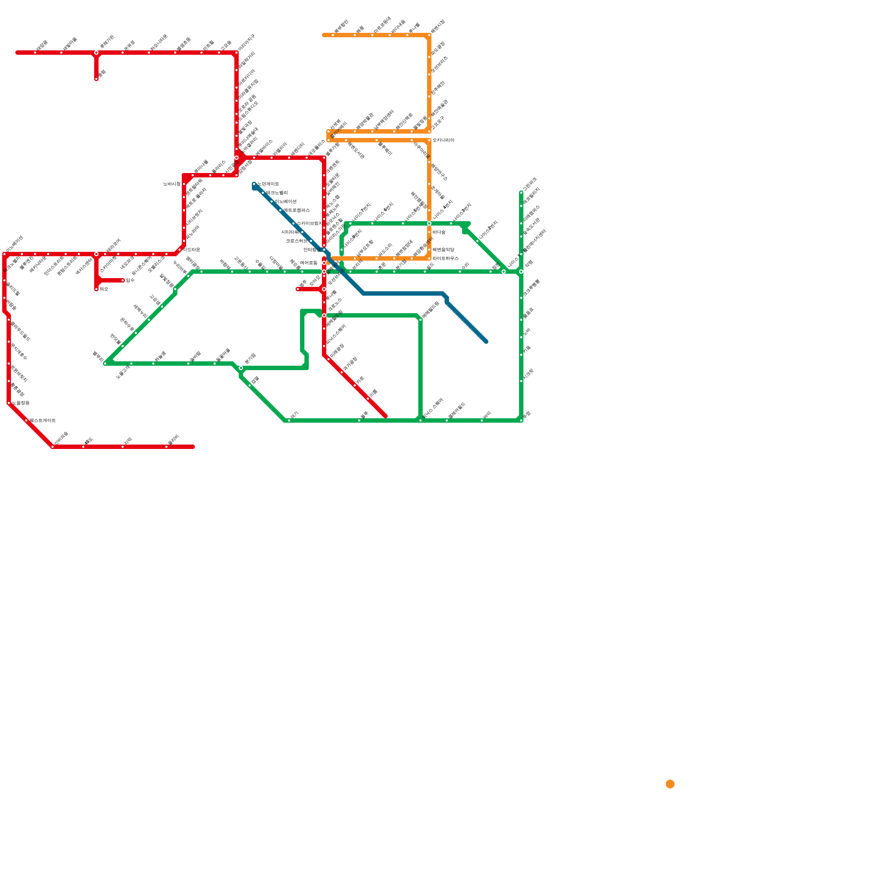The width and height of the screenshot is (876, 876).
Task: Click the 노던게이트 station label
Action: click(268, 184)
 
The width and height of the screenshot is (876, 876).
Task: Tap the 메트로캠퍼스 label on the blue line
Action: click(297, 210)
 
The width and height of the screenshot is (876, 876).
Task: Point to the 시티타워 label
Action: click(290, 232)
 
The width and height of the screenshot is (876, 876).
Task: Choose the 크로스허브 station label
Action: click(296, 241)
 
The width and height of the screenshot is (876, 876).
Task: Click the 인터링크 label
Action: click(312, 250)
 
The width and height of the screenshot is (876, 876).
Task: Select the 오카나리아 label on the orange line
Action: click(443, 140)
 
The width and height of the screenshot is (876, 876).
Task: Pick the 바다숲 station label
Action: click(439, 232)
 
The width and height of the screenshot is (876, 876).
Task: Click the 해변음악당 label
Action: click(443, 250)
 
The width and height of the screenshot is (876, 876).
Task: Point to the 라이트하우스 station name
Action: click(446, 258)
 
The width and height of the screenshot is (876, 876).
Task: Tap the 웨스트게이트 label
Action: click(43, 420)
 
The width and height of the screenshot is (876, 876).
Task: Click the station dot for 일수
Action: click(123, 280)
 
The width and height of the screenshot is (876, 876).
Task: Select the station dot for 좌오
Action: click(96, 289)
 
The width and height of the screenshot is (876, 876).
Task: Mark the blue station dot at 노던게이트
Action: click(254, 184)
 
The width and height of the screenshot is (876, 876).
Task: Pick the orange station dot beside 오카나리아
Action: click(429, 140)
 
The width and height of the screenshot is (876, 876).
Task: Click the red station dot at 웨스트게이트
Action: click(26, 420)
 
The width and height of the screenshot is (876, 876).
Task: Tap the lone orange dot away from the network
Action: click(670, 784)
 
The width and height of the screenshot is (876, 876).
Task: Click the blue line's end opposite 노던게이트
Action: click(486, 342)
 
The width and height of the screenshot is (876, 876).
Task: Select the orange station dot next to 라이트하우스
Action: click(429, 258)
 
